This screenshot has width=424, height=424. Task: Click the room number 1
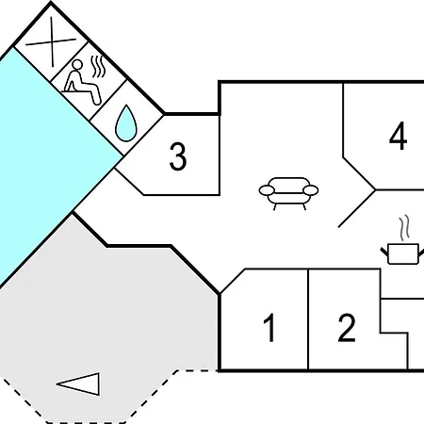tap(270, 328)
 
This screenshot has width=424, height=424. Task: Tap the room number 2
tap(347, 328)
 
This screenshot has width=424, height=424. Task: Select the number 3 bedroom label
tap(178, 156)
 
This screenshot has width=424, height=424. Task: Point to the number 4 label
tap(398, 136)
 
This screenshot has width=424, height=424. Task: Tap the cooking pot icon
tap(403, 253)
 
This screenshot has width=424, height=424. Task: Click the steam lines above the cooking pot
tap(405, 227)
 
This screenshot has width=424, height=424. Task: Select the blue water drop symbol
tap(126, 123)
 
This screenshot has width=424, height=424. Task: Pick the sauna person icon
tap(83, 82)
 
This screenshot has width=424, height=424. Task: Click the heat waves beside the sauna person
tap(98, 67)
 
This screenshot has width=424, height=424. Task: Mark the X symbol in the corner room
tap(51, 41)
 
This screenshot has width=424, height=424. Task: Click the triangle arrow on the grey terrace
tap(78, 383)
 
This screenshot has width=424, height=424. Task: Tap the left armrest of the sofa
tap(267, 190)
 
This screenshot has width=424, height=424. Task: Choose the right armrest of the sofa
tap(311, 190)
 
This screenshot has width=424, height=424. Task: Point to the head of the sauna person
tap(77, 65)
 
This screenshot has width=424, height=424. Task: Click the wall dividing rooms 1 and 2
tap(308, 319)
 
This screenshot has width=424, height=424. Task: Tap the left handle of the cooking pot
tap(384, 252)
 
